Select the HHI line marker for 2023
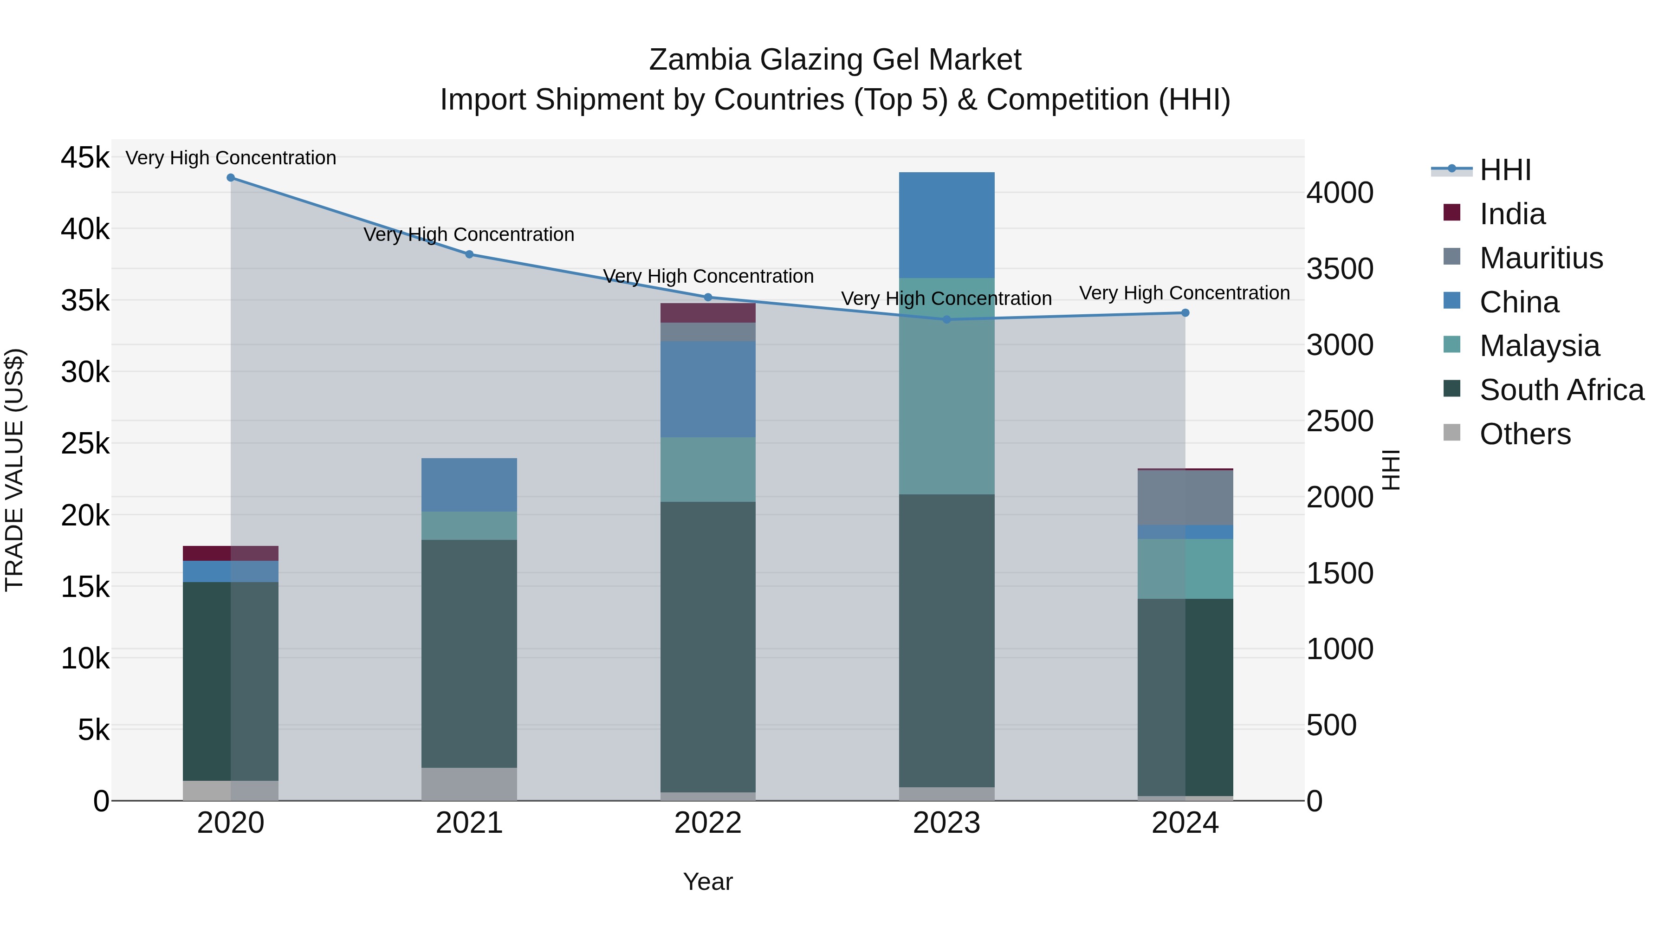point(946,319)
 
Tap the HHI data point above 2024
point(1185,313)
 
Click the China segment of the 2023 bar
point(946,225)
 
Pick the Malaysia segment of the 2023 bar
point(946,386)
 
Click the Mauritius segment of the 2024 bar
point(1185,498)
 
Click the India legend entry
point(1511,214)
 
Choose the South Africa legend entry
point(1561,390)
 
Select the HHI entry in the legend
point(1505,170)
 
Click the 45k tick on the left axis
point(85,158)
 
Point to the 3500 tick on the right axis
point(1340,269)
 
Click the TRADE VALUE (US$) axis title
point(15,470)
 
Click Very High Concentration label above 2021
point(469,234)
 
